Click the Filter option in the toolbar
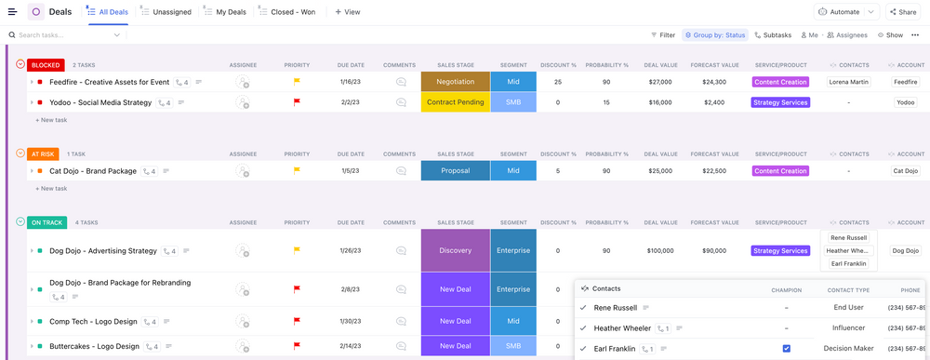pos(663,35)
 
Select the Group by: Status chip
pos(715,35)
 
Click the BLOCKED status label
pos(46,65)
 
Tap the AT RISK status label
pos(43,154)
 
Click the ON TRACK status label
pos(47,222)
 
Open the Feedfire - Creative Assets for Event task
pos(109,82)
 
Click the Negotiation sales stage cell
pos(455,82)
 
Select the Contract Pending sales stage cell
pos(455,102)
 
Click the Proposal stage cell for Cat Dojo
pos(455,171)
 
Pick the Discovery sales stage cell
pos(455,250)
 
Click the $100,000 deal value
pos(660,250)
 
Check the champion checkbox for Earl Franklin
pos(786,349)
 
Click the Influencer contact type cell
pos(847,327)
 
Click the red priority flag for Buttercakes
pos(297,346)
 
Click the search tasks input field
pos(65,35)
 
